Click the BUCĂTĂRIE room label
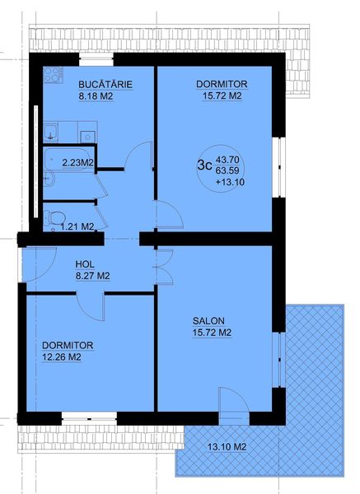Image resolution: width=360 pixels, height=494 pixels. pyautogui.click(x=105, y=85)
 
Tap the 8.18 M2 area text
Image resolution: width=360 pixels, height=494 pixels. pyautogui.click(x=96, y=96)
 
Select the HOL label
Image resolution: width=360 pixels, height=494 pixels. pyautogui.click(x=85, y=264)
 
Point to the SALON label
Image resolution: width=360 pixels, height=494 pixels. pyautogui.click(x=208, y=321)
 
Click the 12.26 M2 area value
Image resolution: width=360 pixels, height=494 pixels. pyautogui.click(x=62, y=357)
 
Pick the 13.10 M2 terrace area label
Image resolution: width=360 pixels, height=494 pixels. pyautogui.click(x=227, y=446)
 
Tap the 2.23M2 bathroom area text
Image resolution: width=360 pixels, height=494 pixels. pyautogui.click(x=78, y=163)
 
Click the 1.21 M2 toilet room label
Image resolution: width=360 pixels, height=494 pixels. pyautogui.click(x=77, y=226)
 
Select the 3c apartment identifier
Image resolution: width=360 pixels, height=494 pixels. pyautogui.click(x=204, y=165)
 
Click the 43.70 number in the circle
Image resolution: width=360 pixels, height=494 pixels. pyautogui.click(x=227, y=160)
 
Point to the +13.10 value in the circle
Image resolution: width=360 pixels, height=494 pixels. pyautogui.click(x=230, y=182)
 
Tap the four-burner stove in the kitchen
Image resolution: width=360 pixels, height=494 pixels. pyautogui.click(x=53, y=75)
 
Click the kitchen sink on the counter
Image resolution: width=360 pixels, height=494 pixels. pyautogui.click(x=51, y=132)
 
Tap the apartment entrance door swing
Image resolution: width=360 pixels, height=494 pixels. pyautogui.click(x=40, y=264)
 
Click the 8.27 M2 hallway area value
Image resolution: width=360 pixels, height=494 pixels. pyautogui.click(x=93, y=276)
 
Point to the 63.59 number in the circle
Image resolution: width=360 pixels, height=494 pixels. pyautogui.click(x=227, y=170)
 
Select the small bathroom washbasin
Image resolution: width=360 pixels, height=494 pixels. pyautogui.click(x=49, y=179)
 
